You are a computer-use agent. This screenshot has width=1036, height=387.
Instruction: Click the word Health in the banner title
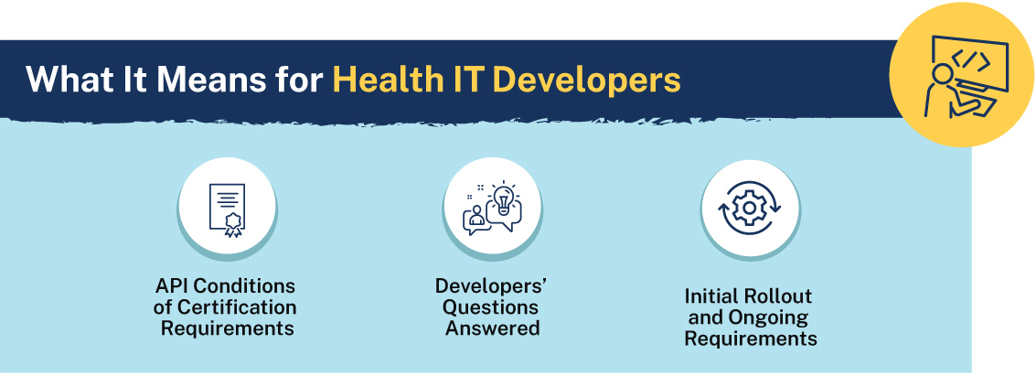point(385,80)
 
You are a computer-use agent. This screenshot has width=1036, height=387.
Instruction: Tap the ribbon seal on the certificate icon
point(232,224)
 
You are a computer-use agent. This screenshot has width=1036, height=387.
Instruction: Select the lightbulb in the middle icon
point(504,197)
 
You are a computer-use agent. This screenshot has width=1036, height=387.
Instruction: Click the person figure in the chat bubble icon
point(475,219)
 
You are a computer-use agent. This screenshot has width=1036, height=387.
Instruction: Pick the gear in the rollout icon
point(749,208)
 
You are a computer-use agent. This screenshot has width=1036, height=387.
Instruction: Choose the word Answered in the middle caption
point(492,328)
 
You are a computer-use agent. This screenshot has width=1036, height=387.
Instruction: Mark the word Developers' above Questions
point(492,285)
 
